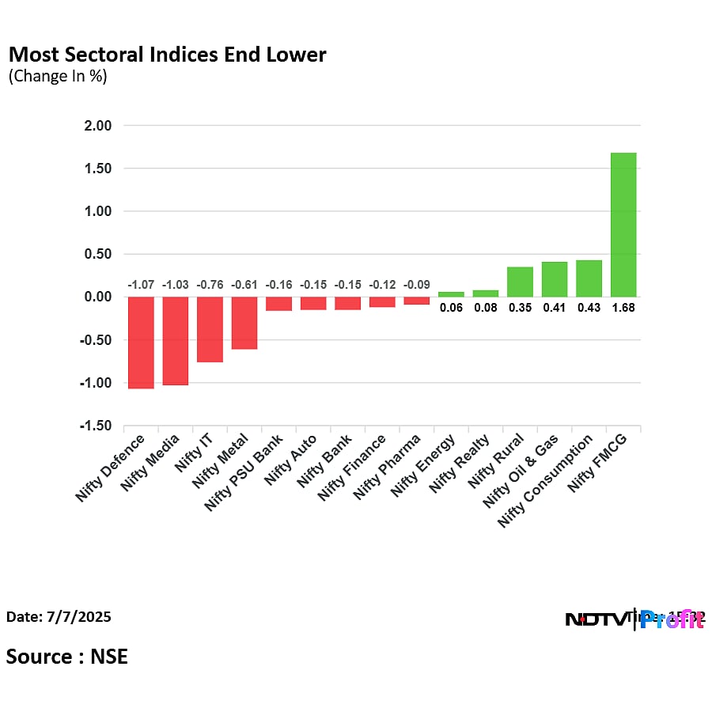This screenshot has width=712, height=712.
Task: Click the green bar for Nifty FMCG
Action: point(623,225)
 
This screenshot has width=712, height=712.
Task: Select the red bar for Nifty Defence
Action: point(141,343)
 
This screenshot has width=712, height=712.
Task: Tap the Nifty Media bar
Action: point(176,341)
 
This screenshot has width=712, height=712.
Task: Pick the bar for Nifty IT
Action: point(210,329)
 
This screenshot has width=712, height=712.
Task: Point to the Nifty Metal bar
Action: point(244,323)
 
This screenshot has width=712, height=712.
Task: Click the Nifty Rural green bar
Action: point(520,282)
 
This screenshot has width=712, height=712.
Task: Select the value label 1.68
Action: point(623,308)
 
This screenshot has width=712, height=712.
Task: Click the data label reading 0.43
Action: point(589,308)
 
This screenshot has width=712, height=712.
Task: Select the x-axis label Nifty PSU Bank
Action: point(244,472)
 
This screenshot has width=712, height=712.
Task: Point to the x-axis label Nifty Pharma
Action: point(383,467)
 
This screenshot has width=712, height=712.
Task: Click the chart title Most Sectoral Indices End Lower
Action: point(167,55)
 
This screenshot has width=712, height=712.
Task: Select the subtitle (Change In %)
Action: point(58,77)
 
